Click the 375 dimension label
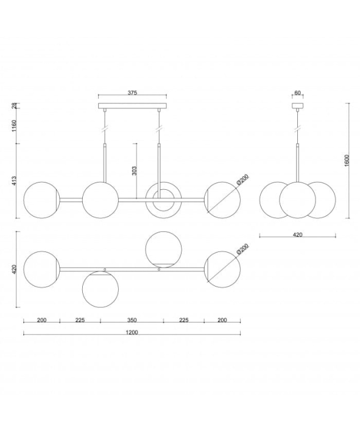132,93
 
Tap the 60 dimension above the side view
297,93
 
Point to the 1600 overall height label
347,161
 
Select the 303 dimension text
135,171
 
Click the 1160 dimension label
15,126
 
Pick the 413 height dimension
15,181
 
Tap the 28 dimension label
15,105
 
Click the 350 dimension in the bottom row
132,320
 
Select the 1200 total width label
132,333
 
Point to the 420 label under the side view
297,235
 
